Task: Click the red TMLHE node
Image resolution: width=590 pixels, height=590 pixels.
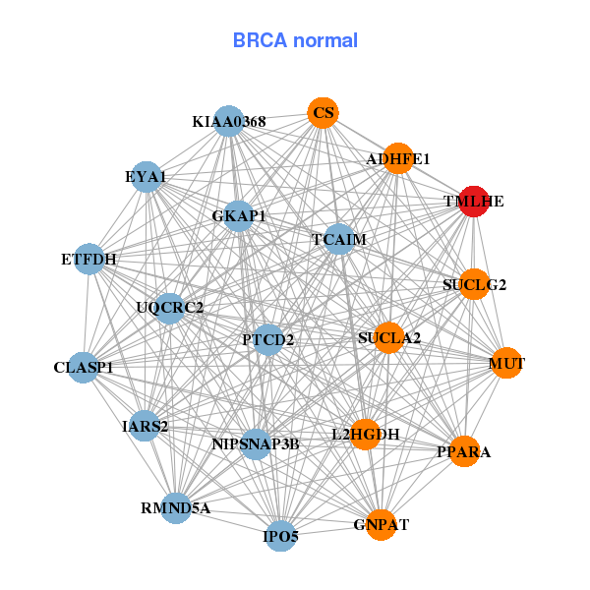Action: [x=474, y=201]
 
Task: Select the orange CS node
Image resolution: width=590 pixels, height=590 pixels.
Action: [x=323, y=113]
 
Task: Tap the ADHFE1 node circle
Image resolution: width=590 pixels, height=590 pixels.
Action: [x=397, y=158]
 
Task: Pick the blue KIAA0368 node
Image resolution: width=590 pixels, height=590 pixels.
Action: [x=228, y=121]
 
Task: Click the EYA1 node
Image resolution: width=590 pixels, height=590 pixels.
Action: [x=146, y=176]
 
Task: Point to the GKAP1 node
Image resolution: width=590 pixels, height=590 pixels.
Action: [x=239, y=215]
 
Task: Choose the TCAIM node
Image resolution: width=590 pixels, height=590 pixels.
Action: [x=339, y=239]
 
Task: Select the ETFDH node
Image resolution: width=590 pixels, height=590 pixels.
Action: [x=89, y=260]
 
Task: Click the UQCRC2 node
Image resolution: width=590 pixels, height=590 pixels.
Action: [x=169, y=308]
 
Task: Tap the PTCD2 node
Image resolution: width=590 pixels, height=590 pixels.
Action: [x=268, y=339]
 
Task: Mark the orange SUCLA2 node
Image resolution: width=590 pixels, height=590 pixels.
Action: [x=389, y=337]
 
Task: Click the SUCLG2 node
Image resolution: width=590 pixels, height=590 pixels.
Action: [x=474, y=284]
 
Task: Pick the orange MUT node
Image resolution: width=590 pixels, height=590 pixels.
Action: [x=506, y=363]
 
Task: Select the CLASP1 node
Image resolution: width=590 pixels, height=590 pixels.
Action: [x=84, y=368]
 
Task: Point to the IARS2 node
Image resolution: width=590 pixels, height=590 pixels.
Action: [x=146, y=426]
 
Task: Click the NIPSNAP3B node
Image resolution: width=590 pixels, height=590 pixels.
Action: [x=256, y=443]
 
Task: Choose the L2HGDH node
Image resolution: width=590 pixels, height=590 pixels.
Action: [x=365, y=434]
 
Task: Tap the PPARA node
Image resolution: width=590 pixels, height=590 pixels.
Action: [x=463, y=451]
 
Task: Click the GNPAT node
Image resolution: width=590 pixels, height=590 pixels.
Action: [x=381, y=524]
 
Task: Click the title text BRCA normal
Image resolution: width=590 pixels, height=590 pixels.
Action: [x=295, y=40]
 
